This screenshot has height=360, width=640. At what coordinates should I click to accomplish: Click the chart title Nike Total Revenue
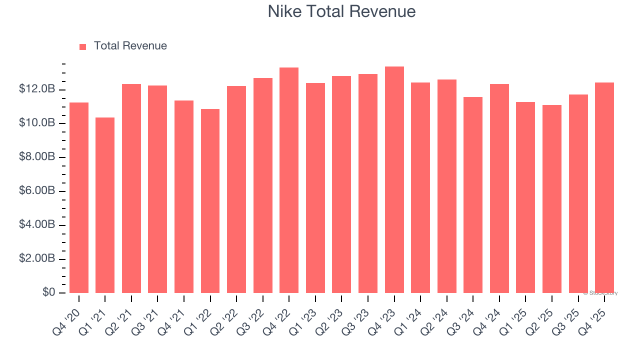click(x=341, y=11)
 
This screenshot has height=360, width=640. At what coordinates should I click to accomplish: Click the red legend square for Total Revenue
click(x=83, y=46)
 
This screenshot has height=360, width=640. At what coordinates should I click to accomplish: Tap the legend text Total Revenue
click(x=130, y=46)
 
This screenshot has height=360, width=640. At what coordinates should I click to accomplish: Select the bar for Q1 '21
click(x=105, y=205)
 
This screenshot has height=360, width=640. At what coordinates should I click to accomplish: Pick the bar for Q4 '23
click(x=394, y=180)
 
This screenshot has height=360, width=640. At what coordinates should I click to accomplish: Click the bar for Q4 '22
click(x=289, y=180)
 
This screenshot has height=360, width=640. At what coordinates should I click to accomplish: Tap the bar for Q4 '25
click(x=604, y=187)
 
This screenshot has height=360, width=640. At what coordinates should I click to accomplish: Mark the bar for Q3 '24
click(x=473, y=195)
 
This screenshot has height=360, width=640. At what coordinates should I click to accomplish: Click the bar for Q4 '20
click(x=79, y=197)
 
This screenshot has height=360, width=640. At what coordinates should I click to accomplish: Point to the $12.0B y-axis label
click(x=37, y=89)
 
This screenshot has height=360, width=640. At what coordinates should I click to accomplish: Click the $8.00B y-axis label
click(x=37, y=157)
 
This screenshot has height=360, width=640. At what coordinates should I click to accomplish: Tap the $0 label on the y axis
click(x=48, y=292)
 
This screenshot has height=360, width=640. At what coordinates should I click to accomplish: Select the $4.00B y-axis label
click(x=37, y=225)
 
